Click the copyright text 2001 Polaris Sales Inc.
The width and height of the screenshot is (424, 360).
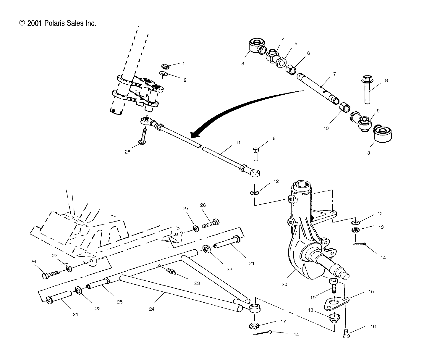tap(58, 23)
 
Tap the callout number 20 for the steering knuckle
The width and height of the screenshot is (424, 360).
tap(284, 285)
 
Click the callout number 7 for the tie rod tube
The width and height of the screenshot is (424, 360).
tap(334, 74)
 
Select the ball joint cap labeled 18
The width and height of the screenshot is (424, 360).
tap(334, 319)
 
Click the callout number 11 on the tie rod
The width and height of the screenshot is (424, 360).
tap(238, 143)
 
